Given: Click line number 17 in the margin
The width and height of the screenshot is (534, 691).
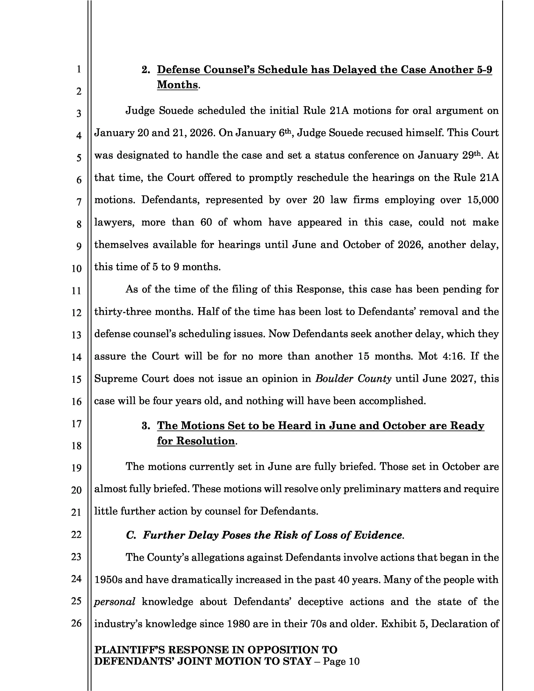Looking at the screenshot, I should (x=76, y=424).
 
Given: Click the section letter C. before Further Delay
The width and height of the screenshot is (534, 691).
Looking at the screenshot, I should (x=131, y=535).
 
